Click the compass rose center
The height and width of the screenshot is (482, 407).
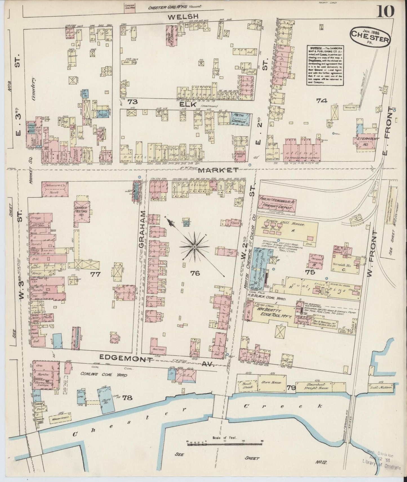pos(194,247)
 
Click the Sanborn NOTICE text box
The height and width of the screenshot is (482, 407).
pos(325,65)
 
